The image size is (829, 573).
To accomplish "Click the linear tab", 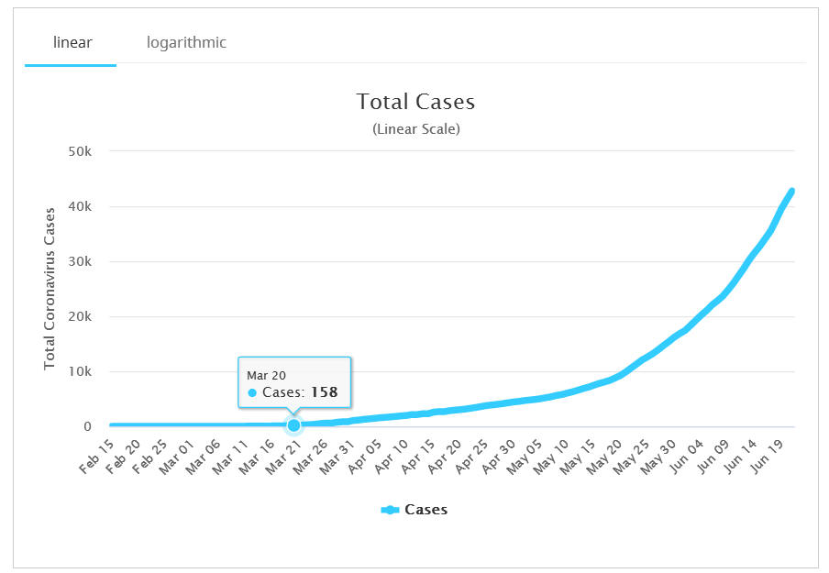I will tap(72, 42).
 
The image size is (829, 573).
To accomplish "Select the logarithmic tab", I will tap(186, 42).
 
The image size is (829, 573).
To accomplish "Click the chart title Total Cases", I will tap(415, 101).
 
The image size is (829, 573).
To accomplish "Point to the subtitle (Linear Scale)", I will tap(415, 129).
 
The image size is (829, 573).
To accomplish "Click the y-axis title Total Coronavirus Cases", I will tap(50, 288).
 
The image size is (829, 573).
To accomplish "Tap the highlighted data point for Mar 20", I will tap(293, 425).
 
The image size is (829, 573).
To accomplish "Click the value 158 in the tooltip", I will tap(323, 392).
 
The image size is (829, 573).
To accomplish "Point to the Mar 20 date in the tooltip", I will tap(264, 375).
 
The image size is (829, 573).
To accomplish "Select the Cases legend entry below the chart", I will tap(414, 510).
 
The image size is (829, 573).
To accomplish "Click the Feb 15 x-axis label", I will tap(96, 456).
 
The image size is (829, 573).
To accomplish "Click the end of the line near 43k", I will tap(791, 191).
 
